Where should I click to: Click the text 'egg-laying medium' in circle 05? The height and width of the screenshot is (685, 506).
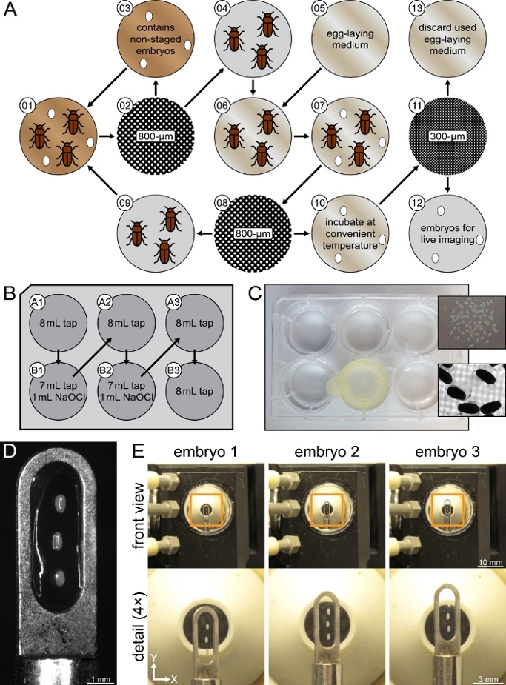(349, 40)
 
